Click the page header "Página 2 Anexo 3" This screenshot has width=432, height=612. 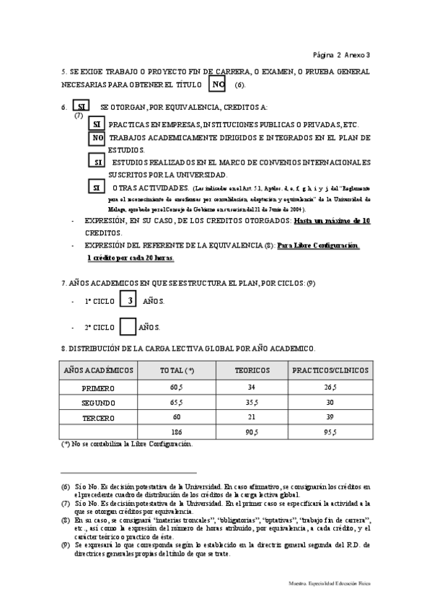pyautogui.click(x=342, y=54)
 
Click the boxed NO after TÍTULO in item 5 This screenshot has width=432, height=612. pyautogui.click(x=219, y=84)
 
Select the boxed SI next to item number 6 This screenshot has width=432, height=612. pyautogui.click(x=81, y=108)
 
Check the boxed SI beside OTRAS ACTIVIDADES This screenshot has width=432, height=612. pyautogui.click(x=96, y=187)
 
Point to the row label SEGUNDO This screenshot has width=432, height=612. pyautogui.click(x=98, y=403)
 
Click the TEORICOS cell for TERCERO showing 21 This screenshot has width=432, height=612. pyautogui.click(x=252, y=418)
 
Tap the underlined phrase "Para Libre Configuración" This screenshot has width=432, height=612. pyautogui.click(x=318, y=246)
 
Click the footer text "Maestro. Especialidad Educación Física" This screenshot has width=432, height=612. pyautogui.click(x=328, y=581)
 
